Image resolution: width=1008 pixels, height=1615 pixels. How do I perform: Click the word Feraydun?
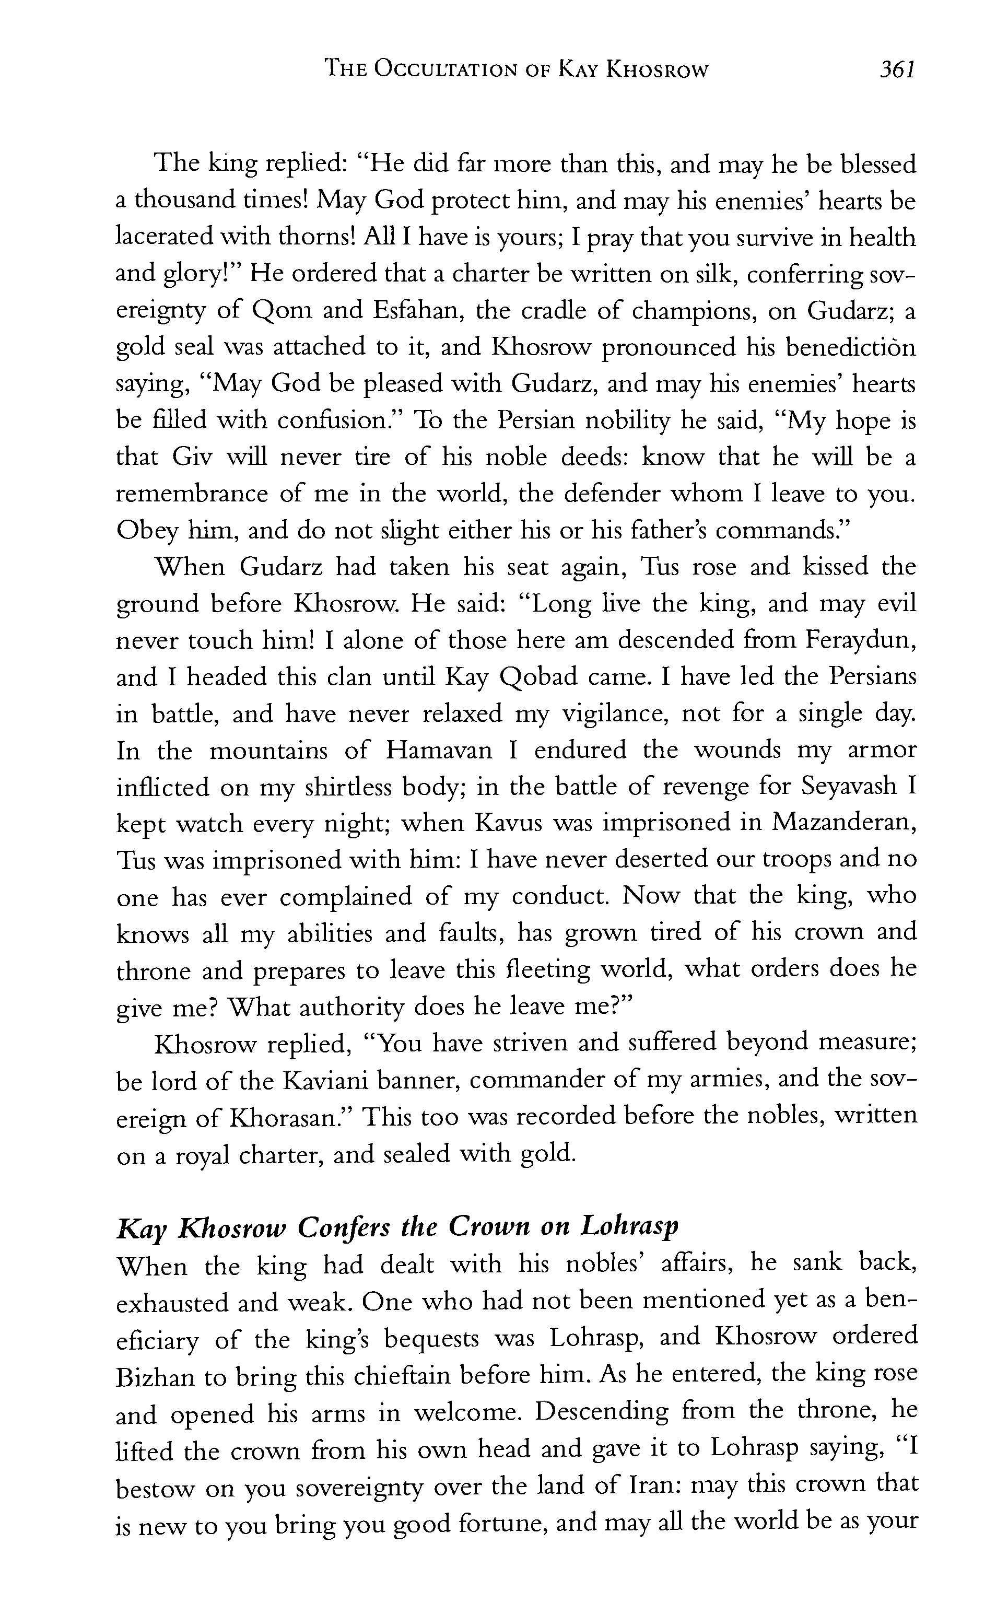[x=860, y=640]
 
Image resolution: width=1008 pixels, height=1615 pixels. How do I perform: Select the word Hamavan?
[x=439, y=751]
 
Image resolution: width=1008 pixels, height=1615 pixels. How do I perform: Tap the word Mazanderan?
[x=844, y=824]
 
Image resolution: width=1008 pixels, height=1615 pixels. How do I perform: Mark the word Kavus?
[x=512, y=824]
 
